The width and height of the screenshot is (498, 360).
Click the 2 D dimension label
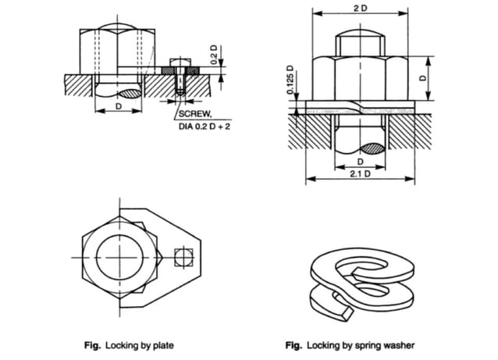tap(360, 7)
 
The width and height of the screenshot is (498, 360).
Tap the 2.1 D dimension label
tap(359, 174)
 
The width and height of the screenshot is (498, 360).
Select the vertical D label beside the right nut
tap(442, 79)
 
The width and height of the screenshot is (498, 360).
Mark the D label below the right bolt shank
tap(359, 162)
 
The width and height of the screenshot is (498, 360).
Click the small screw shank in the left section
tap(178, 85)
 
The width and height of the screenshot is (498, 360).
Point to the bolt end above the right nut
tap(359, 44)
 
